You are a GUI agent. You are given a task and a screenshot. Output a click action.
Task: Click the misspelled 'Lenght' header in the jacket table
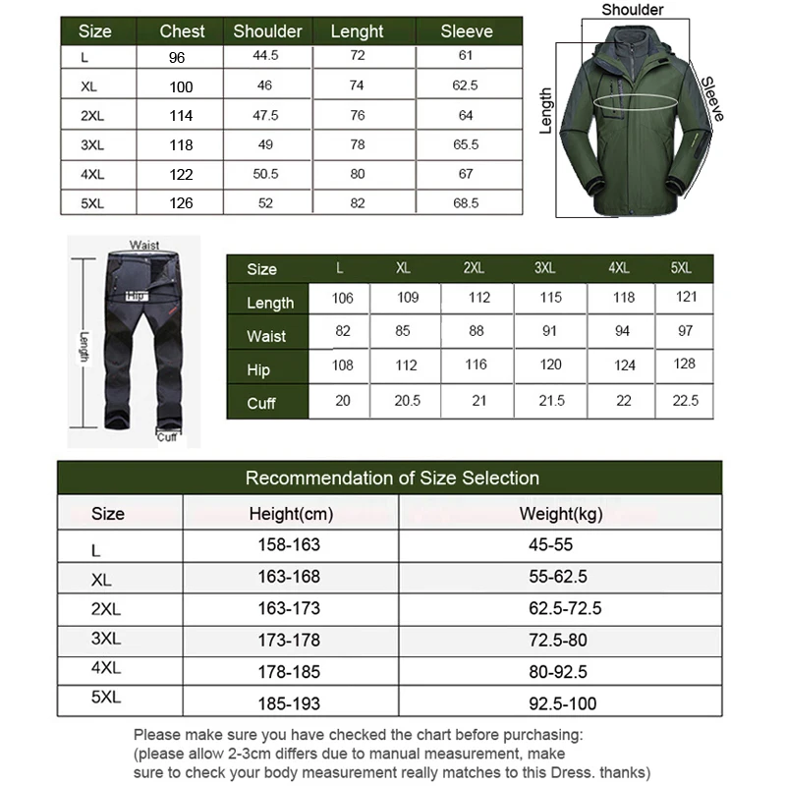(x=357, y=30)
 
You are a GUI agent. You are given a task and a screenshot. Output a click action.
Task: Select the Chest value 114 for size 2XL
(x=181, y=116)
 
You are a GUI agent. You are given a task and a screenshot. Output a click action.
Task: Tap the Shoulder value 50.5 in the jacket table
(x=265, y=174)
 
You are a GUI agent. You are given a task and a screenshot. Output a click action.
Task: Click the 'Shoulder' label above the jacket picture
(x=633, y=10)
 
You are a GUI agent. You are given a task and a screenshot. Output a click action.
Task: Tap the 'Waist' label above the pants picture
(x=144, y=245)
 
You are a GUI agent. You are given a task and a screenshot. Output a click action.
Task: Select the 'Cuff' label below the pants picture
(x=167, y=436)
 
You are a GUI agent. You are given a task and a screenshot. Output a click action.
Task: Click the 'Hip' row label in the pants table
(x=260, y=369)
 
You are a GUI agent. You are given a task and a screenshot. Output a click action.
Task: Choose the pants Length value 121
(x=685, y=298)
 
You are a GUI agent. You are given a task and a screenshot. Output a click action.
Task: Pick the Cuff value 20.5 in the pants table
(x=403, y=401)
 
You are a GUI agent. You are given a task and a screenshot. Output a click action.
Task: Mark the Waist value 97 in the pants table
(x=685, y=331)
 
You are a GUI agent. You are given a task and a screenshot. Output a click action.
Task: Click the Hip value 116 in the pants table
(x=477, y=365)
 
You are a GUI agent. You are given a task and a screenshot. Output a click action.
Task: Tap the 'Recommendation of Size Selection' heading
(x=392, y=478)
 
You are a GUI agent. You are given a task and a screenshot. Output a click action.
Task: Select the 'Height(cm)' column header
(x=291, y=514)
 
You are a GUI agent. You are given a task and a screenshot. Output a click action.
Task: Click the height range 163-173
(x=290, y=609)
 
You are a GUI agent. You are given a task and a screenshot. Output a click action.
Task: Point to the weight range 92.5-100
(x=562, y=702)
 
